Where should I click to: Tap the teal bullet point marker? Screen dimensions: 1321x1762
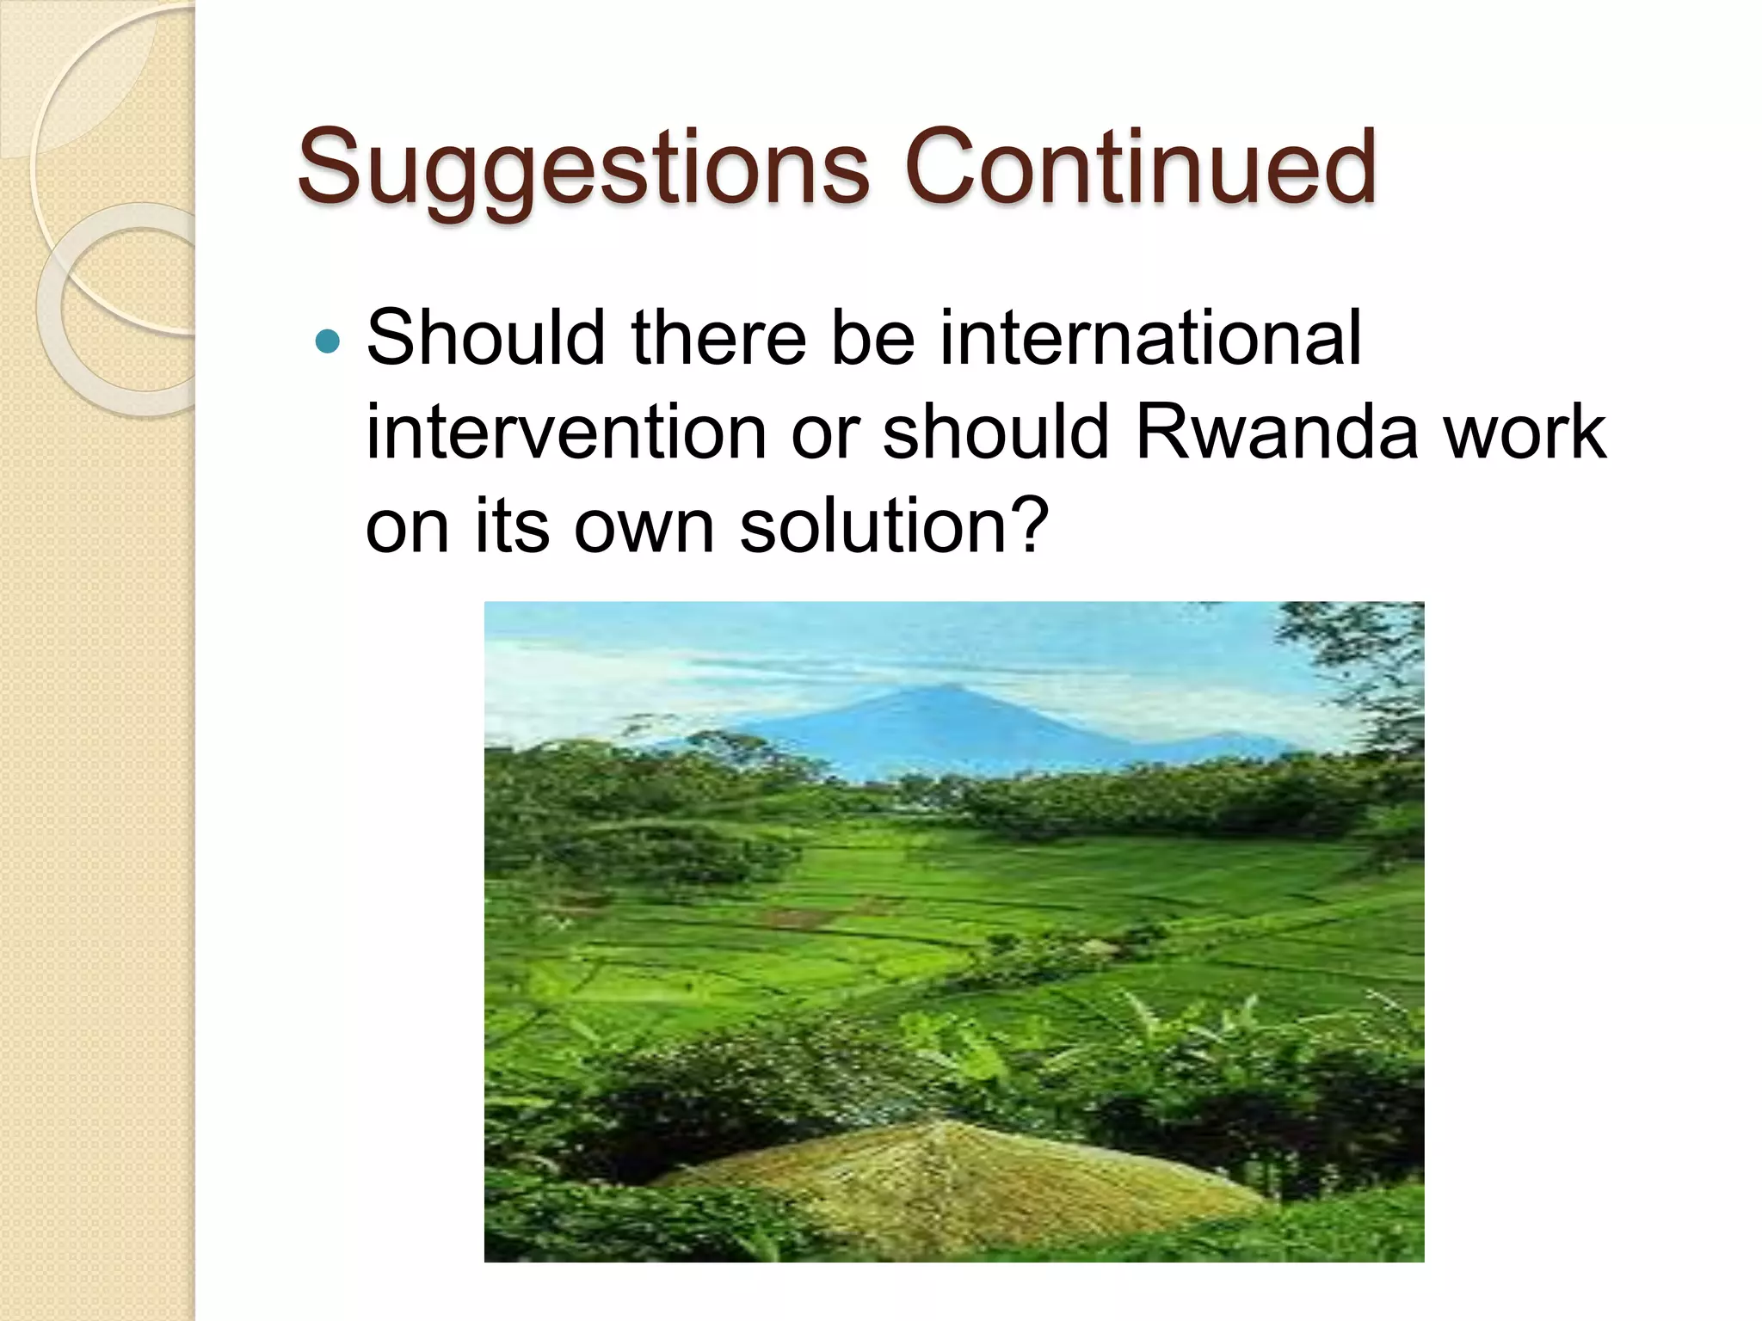pos(328,342)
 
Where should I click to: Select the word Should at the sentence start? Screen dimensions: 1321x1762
pos(486,338)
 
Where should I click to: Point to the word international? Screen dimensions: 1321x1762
pos(1150,338)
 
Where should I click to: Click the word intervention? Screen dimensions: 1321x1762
pos(566,433)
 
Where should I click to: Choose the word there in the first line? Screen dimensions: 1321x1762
pos(718,338)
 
